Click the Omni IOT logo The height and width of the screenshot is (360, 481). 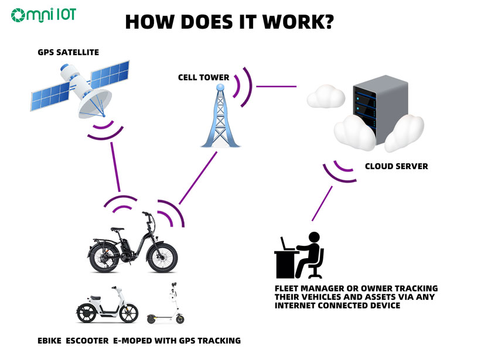click(x=43, y=15)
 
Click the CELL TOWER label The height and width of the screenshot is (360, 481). click(x=203, y=77)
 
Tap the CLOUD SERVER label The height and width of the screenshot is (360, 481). click(x=396, y=166)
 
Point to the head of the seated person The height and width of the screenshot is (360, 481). click(x=314, y=238)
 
